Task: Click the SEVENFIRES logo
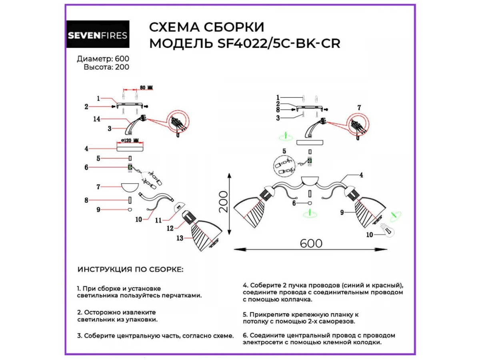click(x=98, y=34)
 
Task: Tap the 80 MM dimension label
click(x=146, y=87)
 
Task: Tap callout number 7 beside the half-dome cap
click(x=97, y=187)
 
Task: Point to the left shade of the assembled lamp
click(x=250, y=210)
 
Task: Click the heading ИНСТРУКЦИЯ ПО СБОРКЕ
click(x=130, y=270)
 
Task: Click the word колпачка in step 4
click(x=296, y=299)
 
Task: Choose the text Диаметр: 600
click(x=103, y=59)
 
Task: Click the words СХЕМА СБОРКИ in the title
click(x=206, y=27)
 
